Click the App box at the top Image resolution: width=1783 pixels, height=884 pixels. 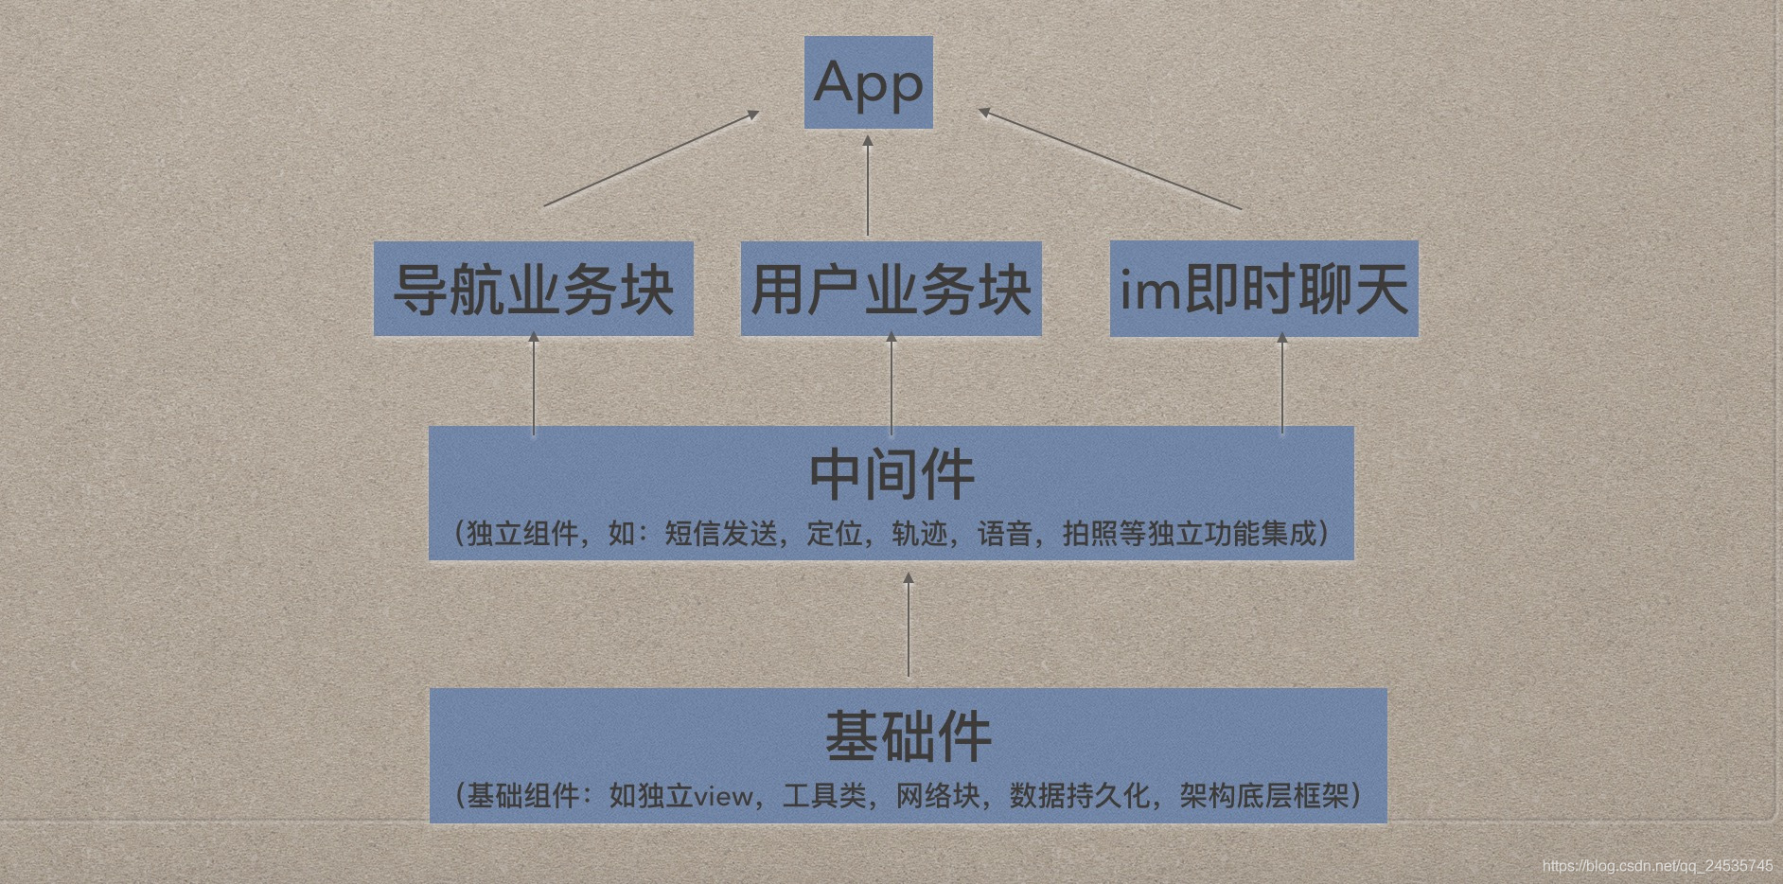(868, 82)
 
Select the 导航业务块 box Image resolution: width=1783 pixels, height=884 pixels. (533, 289)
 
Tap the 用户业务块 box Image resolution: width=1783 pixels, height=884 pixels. (891, 289)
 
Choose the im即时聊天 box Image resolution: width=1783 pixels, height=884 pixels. (1263, 289)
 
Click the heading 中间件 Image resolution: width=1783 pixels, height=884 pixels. (891, 475)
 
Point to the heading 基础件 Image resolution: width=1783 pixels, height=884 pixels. (908, 736)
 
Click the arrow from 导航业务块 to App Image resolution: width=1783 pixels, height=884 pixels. (651, 159)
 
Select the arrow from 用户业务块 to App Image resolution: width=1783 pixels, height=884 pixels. (868, 186)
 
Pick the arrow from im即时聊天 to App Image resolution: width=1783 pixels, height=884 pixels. (1109, 159)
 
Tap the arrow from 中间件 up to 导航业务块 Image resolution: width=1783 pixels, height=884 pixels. (534, 383)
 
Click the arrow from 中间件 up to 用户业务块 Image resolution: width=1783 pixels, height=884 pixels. (891, 383)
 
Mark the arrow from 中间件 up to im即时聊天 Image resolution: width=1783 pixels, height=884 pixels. (1282, 383)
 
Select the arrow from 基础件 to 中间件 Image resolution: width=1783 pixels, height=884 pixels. (909, 625)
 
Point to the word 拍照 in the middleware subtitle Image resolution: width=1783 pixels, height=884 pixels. (1090, 534)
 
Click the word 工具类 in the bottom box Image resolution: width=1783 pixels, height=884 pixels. (824, 796)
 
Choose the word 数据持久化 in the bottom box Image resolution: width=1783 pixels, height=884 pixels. (1080, 796)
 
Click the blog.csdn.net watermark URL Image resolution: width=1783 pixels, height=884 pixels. (1657, 866)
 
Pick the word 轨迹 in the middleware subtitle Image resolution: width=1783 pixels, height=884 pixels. (920, 534)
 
